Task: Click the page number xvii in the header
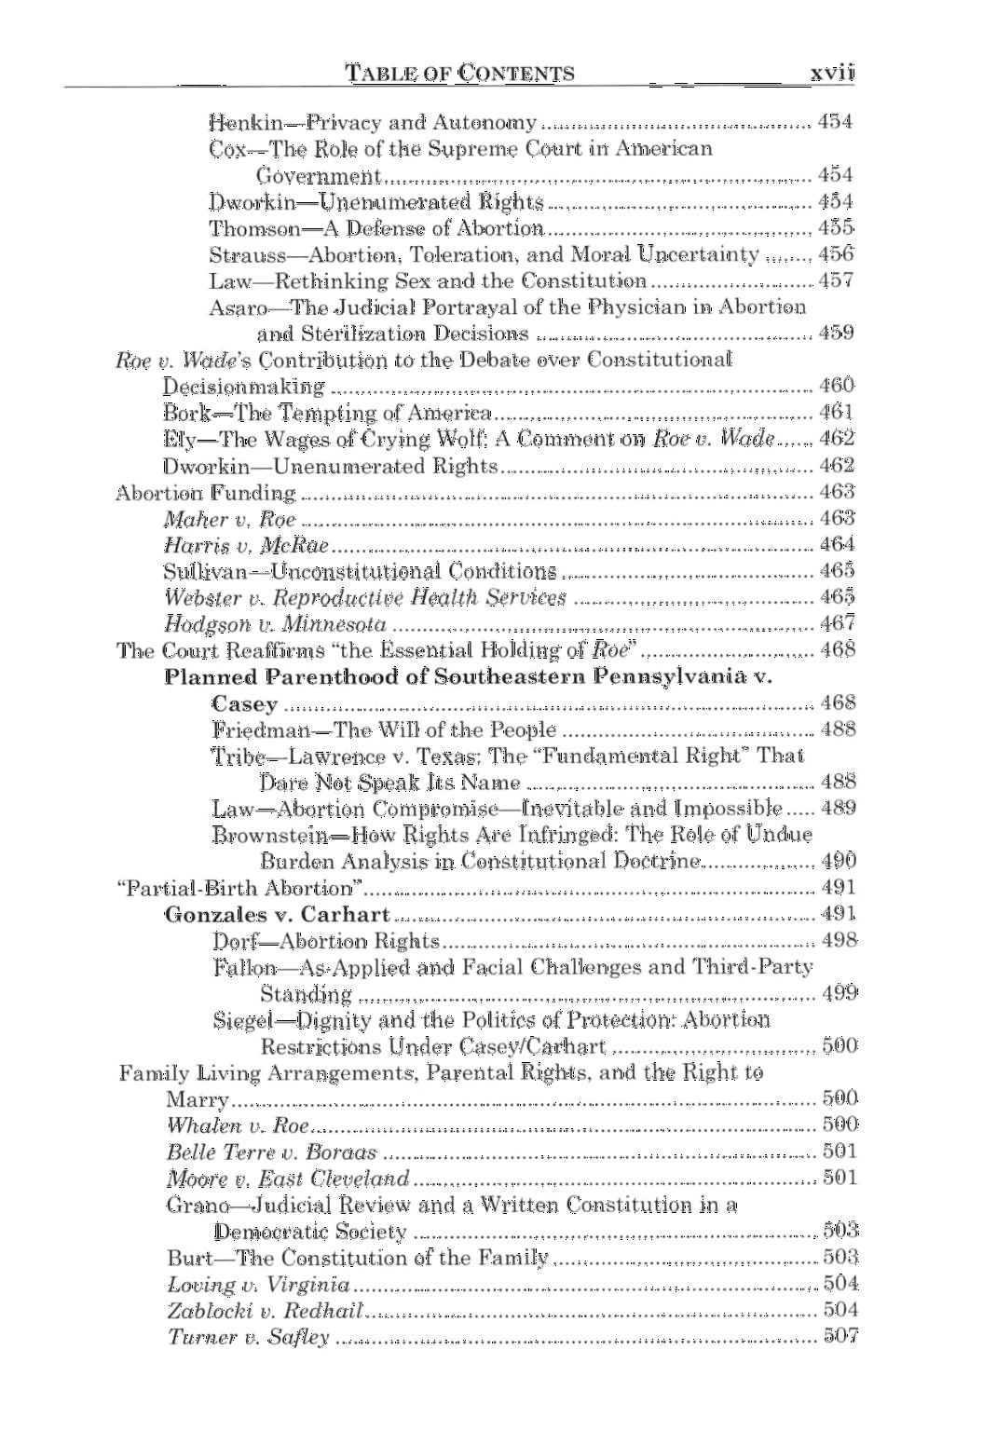pos(831,73)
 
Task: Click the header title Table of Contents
pos(459,74)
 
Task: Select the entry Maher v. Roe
pos(229,519)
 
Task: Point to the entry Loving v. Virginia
pos(259,1286)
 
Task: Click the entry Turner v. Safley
pos(248,1338)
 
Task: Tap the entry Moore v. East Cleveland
pos(288,1179)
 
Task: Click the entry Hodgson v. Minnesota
pos(275,624)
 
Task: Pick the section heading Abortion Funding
pos(205,492)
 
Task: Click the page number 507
pos(840,1337)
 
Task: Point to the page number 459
pos(836,333)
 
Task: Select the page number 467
pos(838,623)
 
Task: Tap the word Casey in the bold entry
pos(244,703)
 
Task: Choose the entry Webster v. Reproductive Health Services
pos(365,597)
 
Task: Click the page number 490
pos(840,861)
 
